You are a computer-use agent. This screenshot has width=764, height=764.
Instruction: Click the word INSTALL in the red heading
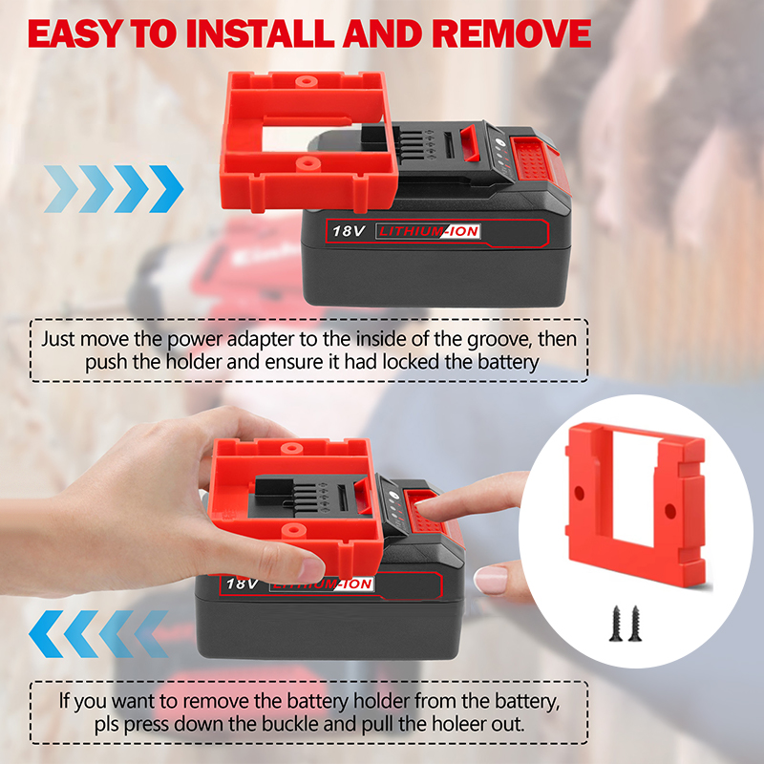[x=261, y=34]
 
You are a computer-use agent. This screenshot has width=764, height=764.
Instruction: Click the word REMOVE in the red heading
[x=512, y=34]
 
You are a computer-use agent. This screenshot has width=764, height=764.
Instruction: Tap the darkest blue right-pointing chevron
[x=166, y=189]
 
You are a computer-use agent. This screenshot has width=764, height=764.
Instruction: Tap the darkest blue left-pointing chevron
[x=46, y=634]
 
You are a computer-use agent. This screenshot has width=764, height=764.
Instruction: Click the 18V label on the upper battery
[x=348, y=230]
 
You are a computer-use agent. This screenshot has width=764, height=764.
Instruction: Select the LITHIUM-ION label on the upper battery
[x=428, y=231]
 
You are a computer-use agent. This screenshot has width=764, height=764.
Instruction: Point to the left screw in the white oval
[x=616, y=624]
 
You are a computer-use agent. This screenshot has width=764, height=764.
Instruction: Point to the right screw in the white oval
[x=635, y=624]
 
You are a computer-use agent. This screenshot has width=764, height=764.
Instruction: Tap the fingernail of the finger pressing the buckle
[x=425, y=509]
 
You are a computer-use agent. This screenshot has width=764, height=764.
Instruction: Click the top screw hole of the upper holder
[x=305, y=80]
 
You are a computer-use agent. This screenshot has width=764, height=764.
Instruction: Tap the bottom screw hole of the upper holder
[x=307, y=162]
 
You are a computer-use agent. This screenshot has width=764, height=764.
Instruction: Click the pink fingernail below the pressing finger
[x=490, y=580]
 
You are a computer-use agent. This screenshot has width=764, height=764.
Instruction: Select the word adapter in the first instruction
[x=260, y=340]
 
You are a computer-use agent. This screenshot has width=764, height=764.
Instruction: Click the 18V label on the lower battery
[x=242, y=583]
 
